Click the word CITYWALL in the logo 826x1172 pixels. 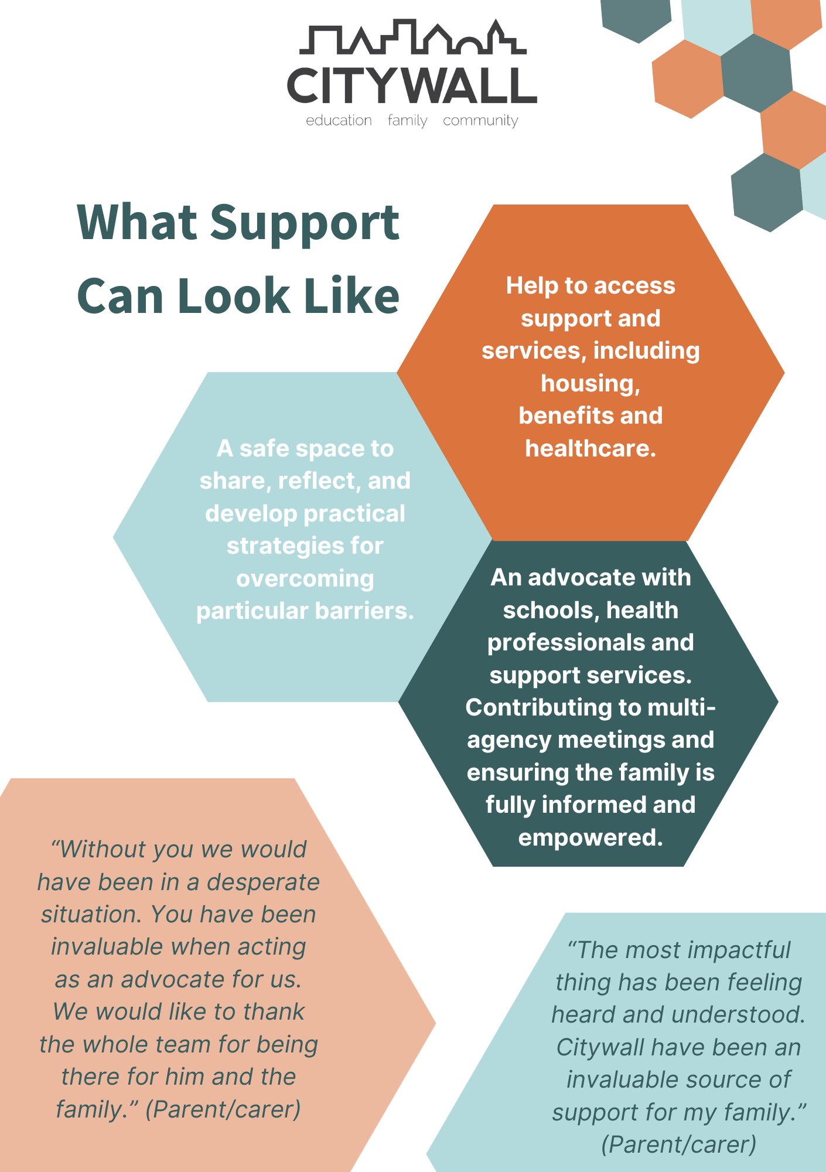tap(412, 86)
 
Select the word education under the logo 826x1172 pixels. tap(339, 121)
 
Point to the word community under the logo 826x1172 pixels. tap(480, 121)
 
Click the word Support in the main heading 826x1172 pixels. tap(305, 224)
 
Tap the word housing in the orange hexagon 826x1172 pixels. tap(589, 384)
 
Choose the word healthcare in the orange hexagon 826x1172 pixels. tap(589, 449)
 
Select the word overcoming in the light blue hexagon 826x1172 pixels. tap(305, 579)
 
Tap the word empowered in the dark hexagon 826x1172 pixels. tap(589, 838)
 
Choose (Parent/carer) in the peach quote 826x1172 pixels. tap(223, 1110)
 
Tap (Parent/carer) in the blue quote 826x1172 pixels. tap(678, 1144)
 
